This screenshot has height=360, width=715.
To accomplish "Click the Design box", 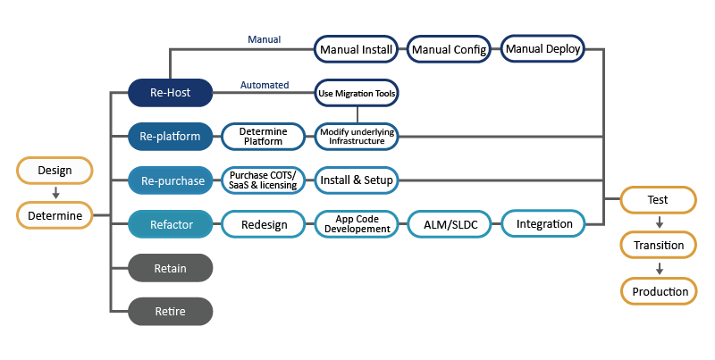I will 55,170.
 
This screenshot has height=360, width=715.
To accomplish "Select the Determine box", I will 55,215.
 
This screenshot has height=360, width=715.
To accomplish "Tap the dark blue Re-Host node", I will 171,92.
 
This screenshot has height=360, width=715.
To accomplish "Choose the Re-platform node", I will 171,137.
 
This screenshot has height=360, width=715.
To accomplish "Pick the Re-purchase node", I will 171,180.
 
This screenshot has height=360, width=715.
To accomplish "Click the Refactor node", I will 171,224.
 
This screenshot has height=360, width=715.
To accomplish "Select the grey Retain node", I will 171,267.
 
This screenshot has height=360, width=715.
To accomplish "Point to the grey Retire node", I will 171,311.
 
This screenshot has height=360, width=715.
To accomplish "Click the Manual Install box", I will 357,49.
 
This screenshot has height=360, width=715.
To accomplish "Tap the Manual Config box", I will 450,49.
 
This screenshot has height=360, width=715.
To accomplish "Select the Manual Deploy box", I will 543,48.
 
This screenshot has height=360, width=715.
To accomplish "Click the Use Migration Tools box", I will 357,92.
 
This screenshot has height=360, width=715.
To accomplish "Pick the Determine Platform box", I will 264,137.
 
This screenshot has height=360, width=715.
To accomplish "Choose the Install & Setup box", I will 357,180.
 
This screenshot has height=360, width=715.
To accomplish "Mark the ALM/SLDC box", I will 450,224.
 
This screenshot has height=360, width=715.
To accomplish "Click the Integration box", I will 543,223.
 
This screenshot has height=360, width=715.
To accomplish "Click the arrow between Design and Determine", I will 55,192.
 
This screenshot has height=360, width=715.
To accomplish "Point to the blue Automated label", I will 265,85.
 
